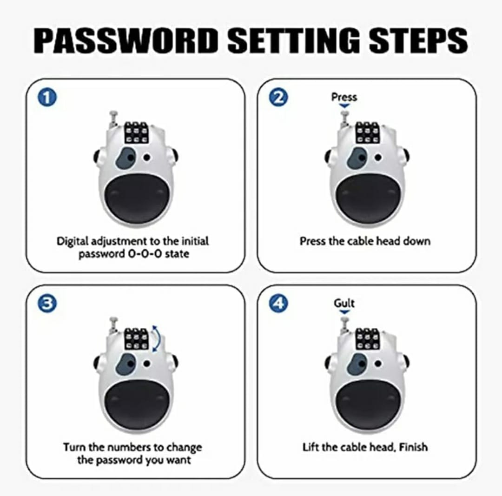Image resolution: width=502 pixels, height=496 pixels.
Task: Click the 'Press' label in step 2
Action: [x=344, y=97]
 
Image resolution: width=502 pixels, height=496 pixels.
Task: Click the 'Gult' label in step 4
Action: [x=344, y=303]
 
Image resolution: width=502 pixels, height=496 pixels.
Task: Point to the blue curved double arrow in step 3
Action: [x=157, y=339]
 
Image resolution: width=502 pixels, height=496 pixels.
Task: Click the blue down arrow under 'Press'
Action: [x=344, y=106]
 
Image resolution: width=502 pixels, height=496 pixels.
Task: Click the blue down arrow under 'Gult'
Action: [x=344, y=312]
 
